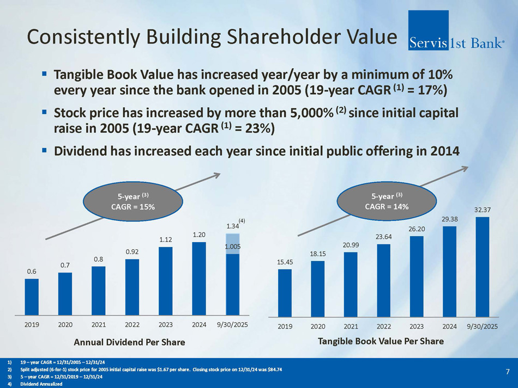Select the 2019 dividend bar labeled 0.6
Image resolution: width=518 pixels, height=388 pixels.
point(32,297)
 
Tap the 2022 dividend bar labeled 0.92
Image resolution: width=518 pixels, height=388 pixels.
point(132,287)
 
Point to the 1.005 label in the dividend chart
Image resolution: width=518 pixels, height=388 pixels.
point(233,247)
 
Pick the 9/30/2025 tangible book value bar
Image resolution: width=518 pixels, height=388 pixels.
point(483,267)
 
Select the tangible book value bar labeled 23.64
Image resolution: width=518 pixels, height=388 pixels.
point(383,280)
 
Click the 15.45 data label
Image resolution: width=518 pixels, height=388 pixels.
point(285,262)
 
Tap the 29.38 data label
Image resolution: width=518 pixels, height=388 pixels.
point(449,219)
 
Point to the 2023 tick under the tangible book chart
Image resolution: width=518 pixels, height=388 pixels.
point(416,327)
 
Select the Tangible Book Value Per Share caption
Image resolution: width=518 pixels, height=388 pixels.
point(381,341)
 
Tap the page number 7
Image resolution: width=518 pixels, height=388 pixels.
point(507,372)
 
